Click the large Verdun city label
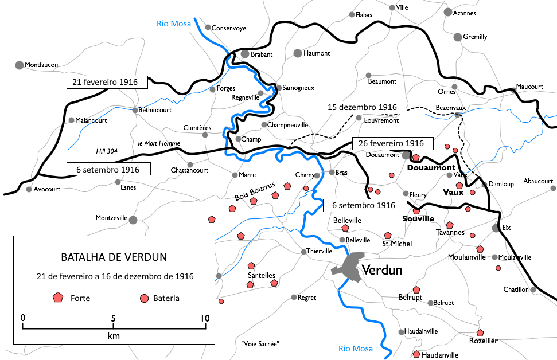click(x=382, y=270)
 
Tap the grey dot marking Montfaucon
click(x=19, y=65)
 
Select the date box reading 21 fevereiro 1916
click(x=107, y=82)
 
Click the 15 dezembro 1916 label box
click(x=362, y=107)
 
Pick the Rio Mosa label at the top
click(x=172, y=24)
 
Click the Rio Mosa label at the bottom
click(x=355, y=348)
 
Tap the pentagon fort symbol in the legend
click(x=57, y=298)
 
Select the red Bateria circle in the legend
click(x=145, y=298)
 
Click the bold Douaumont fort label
click(x=431, y=168)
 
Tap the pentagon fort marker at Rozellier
click(x=480, y=332)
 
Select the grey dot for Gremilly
click(x=458, y=37)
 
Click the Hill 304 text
click(x=106, y=151)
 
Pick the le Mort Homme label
click(x=159, y=143)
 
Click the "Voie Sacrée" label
click(x=260, y=344)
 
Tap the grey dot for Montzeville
click(x=133, y=219)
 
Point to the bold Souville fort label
click(x=418, y=219)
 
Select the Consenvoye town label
click(x=229, y=28)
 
